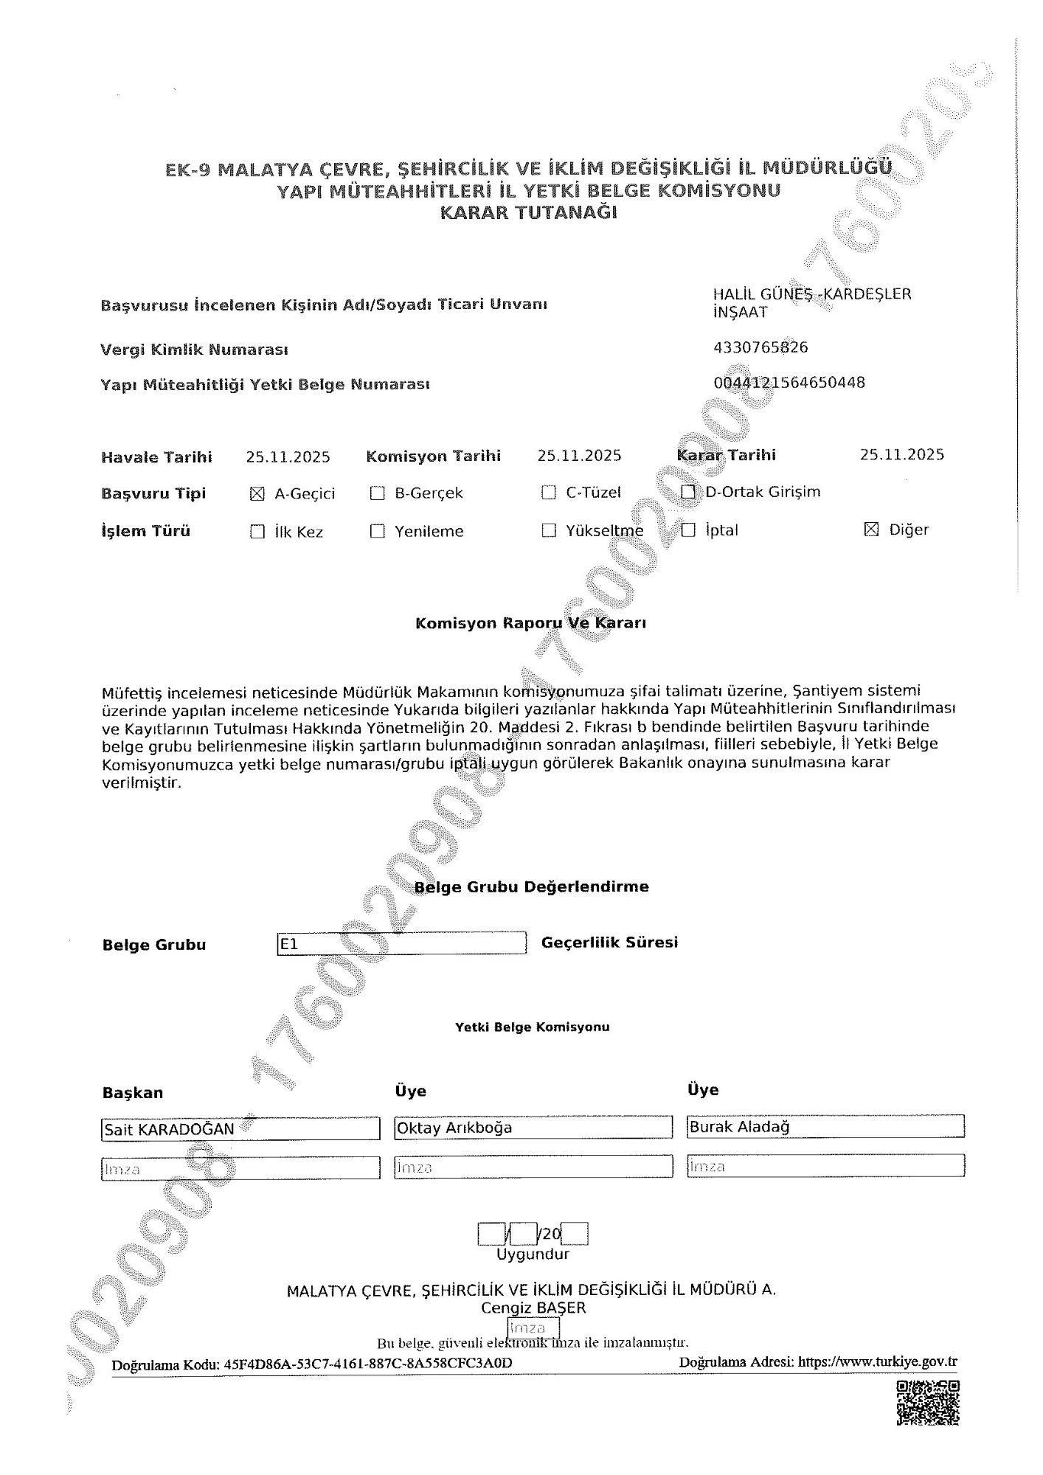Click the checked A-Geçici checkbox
pyautogui.click(x=257, y=494)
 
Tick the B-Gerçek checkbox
pyautogui.click(x=377, y=493)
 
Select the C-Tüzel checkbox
pyautogui.click(x=548, y=493)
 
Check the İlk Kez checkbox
pyautogui.click(x=257, y=532)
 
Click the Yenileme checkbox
pyautogui.click(x=377, y=531)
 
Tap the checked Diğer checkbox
pyautogui.click(x=871, y=530)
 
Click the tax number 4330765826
pyautogui.click(x=760, y=347)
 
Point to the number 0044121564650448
pyautogui.click(x=789, y=383)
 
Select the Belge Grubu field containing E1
pyautogui.click(x=401, y=943)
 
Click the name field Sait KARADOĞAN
pyautogui.click(x=240, y=1129)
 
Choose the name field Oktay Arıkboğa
pyautogui.click(x=533, y=1128)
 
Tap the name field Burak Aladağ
pyautogui.click(x=825, y=1126)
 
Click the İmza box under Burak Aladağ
pyautogui.click(x=825, y=1166)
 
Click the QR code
pyautogui.click(x=928, y=1403)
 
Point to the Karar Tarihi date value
pyautogui.click(x=901, y=455)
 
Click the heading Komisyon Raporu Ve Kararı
pyautogui.click(x=530, y=623)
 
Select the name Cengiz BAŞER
pyautogui.click(x=533, y=1308)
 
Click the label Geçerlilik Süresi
pyautogui.click(x=609, y=943)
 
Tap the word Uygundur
pyautogui.click(x=533, y=1254)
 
